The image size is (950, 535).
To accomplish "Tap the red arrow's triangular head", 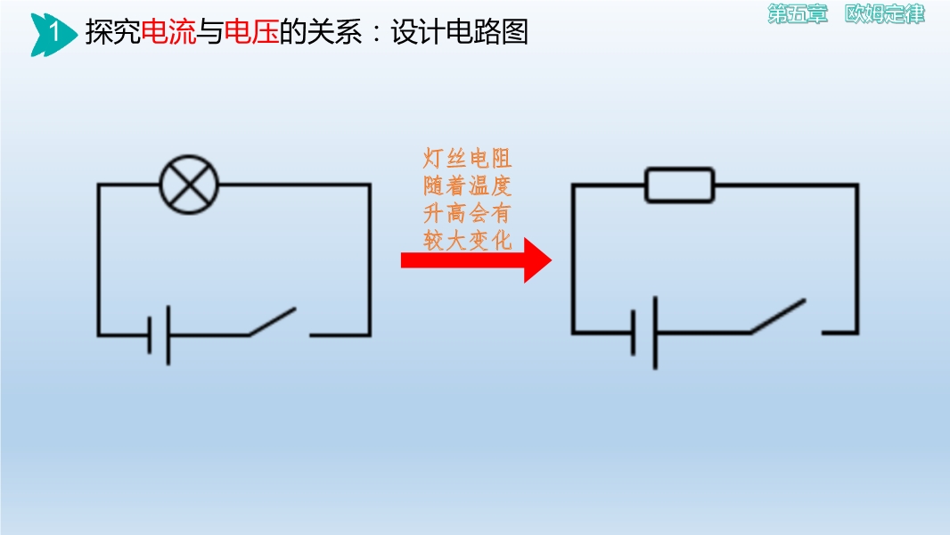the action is [537, 260].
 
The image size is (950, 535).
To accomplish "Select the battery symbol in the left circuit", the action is [159, 335].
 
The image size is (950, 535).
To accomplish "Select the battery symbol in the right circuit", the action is [644, 333].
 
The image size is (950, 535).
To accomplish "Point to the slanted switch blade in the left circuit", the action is [272, 321].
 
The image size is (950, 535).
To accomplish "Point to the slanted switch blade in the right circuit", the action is [778, 316].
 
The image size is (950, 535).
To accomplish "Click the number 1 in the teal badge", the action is [54, 31].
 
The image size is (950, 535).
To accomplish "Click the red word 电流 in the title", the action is [168, 31].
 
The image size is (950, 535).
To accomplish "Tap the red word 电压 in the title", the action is [251, 31].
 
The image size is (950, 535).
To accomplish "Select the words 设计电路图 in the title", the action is [459, 31].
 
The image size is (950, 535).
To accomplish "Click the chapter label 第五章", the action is [798, 14].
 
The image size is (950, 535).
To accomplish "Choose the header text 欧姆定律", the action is [885, 14].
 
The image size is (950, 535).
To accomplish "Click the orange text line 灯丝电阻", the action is [467, 159].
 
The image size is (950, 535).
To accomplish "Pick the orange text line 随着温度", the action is [467, 186].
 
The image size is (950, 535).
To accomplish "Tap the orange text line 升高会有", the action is [467, 213].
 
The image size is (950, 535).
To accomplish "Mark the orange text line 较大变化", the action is [467, 241].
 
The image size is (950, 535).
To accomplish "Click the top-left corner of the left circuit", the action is [98, 185].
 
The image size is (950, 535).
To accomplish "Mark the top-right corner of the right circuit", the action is [857, 185].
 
